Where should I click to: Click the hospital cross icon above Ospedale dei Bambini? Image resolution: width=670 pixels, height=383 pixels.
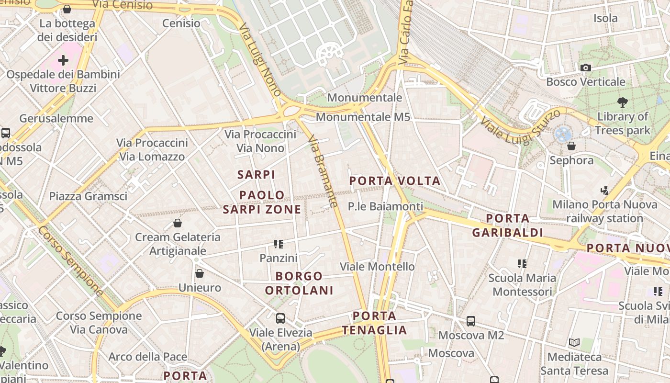pyautogui.click(x=63, y=60)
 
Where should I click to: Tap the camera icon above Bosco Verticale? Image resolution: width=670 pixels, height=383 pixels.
pyautogui.click(x=585, y=68)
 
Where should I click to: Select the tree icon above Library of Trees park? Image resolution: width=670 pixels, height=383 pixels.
pyautogui.click(x=623, y=102)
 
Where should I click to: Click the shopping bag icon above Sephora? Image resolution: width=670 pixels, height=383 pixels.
pyautogui.click(x=571, y=146)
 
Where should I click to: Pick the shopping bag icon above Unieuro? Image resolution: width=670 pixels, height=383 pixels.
pyautogui.click(x=200, y=273)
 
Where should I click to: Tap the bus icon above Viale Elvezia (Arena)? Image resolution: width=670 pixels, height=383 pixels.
pyautogui.click(x=280, y=318)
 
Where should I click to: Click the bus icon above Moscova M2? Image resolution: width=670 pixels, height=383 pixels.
pyautogui.click(x=471, y=321)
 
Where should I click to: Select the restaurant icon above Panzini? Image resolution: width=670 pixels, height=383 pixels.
pyautogui.click(x=279, y=244)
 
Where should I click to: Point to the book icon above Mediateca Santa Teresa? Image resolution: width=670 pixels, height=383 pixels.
pyautogui.click(x=574, y=343)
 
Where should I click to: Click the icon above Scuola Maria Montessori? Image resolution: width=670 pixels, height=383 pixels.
pyautogui.click(x=522, y=263)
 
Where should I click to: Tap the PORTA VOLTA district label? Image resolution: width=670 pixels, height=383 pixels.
pyautogui.click(x=395, y=181)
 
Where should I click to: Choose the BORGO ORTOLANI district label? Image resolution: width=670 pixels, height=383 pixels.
pyautogui.click(x=299, y=283)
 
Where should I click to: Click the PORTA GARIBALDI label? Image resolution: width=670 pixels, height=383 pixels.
pyautogui.click(x=508, y=225)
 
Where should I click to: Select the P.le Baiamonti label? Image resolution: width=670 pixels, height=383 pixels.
pyautogui.click(x=385, y=206)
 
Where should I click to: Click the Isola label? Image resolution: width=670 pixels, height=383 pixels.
pyautogui.click(x=605, y=18)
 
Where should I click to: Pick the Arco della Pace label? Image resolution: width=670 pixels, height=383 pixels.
pyautogui.click(x=147, y=357)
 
